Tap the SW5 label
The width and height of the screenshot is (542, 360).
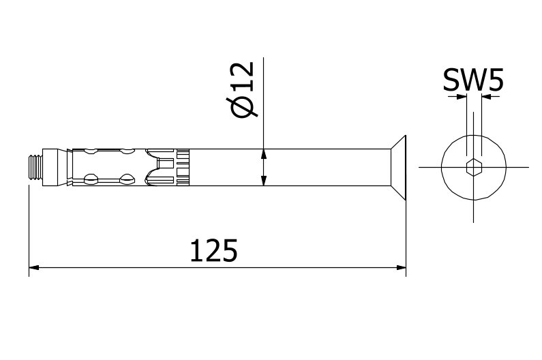coord(472,81)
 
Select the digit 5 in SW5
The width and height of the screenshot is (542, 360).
coord(495,81)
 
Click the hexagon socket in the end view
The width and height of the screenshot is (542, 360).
coord(473,167)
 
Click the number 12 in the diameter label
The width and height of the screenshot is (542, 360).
coord(243,77)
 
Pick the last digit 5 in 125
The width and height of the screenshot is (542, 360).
coord(230,251)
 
